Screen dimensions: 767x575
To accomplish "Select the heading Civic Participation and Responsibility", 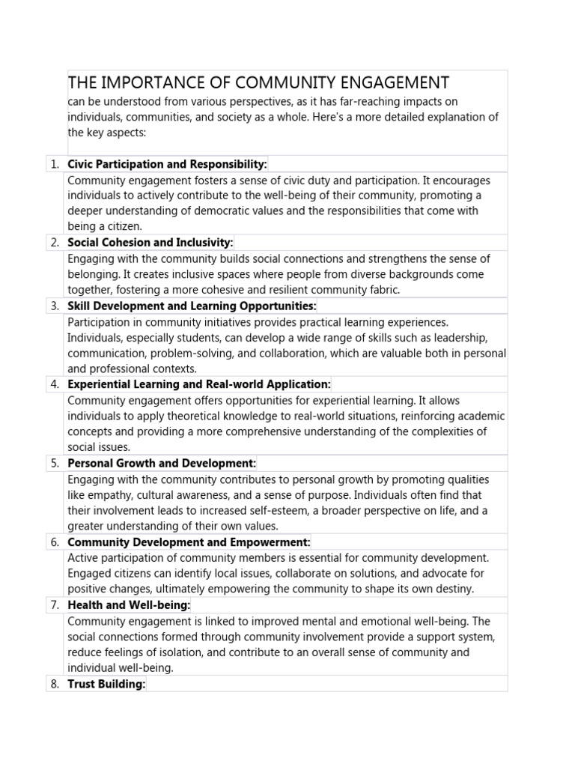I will coord(167,164).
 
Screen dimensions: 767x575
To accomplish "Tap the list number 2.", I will coord(55,243).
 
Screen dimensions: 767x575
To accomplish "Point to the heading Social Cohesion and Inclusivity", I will coord(150,243).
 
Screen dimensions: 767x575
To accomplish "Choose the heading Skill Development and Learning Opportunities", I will coord(192,306).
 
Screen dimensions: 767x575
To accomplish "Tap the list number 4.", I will coord(55,384).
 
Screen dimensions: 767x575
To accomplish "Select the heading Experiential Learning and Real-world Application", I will coord(198,384).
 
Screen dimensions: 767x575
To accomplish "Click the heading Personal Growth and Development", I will coord(162,463).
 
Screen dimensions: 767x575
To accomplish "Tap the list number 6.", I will coord(55,542).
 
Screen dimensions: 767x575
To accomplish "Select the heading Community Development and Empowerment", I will coord(189,542).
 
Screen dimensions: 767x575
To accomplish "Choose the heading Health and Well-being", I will coord(129,604).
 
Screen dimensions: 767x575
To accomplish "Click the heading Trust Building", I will coord(106,684).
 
